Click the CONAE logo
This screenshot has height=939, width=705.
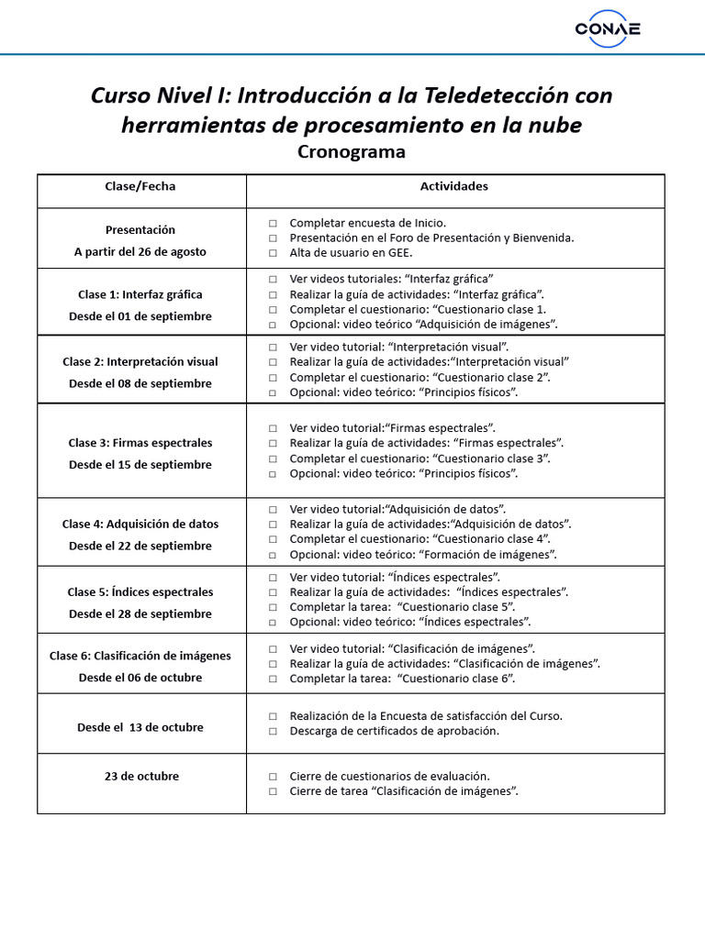[608, 28]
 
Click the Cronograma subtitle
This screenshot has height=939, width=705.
[352, 151]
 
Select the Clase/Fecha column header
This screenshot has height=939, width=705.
[140, 186]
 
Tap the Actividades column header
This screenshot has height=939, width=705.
[454, 186]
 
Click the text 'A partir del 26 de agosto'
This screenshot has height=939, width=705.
[140, 251]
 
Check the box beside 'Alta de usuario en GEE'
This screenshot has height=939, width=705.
[274, 253]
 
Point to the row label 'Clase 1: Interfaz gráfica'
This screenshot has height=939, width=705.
[140, 294]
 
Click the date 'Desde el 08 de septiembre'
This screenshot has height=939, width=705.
[140, 383]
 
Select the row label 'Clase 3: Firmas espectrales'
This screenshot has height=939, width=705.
[140, 443]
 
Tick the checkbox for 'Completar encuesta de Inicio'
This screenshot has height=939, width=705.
[274, 224]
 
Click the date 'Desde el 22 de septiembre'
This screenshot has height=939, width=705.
[140, 546]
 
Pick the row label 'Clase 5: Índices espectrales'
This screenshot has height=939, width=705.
[140, 592]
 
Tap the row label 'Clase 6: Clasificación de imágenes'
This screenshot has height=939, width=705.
[140, 656]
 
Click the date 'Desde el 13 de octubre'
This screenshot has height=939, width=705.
[140, 727]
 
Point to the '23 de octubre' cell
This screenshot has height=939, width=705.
[141, 776]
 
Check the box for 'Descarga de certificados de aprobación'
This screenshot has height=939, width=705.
[274, 732]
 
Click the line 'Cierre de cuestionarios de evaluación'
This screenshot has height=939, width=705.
[389, 776]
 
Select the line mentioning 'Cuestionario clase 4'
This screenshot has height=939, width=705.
[420, 539]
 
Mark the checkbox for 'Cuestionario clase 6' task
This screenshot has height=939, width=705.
[274, 679]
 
